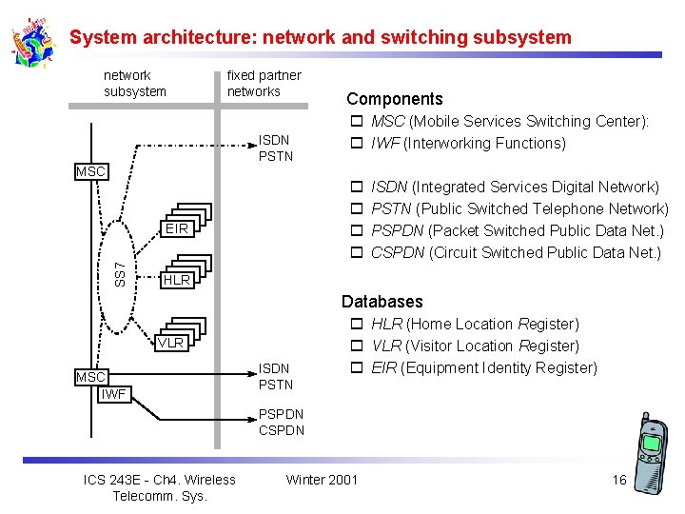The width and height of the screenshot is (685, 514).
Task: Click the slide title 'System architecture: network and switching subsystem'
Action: pos(321,38)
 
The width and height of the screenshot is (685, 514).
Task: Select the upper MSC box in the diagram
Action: pos(91,171)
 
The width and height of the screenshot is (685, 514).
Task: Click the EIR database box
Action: pos(175,229)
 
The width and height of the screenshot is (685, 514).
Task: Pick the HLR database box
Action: pos(175,280)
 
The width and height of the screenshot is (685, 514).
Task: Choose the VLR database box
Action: pos(170,343)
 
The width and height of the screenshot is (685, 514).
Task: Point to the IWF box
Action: pos(114,393)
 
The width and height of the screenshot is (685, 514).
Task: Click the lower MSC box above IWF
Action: pos(91,377)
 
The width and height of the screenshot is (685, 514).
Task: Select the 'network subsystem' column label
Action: pos(134,84)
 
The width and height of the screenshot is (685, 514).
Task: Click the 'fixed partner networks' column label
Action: pos(264,84)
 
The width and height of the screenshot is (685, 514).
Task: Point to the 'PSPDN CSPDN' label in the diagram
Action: pos(282,422)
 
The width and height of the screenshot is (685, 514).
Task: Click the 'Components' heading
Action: pos(394,99)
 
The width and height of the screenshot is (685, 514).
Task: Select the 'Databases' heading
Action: pos(382,302)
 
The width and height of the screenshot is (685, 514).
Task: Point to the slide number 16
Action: pos(618,480)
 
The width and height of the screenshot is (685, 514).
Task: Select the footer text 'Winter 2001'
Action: pos(322,479)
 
